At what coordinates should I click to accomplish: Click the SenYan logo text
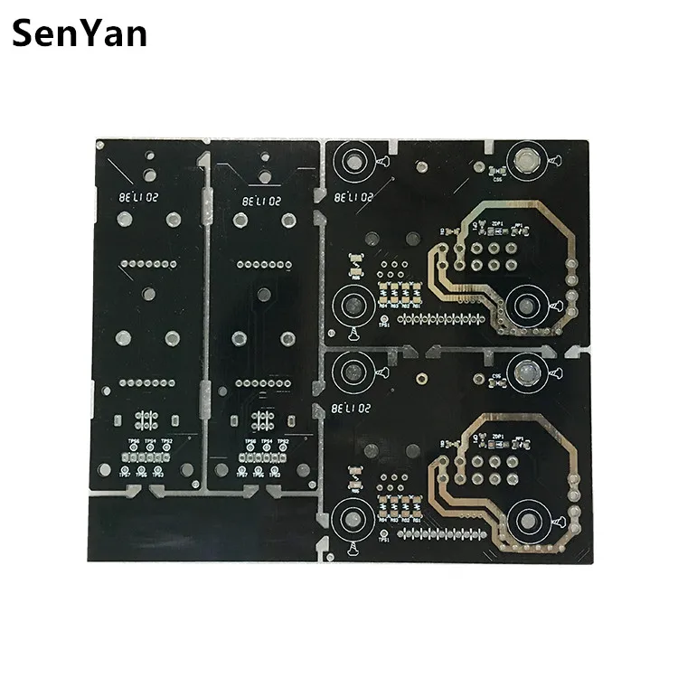(80, 34)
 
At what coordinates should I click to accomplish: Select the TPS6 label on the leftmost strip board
(134, 442)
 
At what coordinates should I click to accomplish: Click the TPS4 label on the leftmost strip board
(150, 442)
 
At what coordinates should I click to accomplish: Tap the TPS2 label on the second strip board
(283, 442)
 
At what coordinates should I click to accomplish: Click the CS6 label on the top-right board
(496, 179)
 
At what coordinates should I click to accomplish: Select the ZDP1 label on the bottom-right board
(496, 436)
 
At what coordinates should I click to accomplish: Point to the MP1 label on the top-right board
(519, 224)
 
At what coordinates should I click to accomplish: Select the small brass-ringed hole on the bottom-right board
(421, 375)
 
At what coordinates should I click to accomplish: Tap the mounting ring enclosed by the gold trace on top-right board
(524, 305)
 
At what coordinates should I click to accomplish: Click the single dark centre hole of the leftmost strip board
(148, 293)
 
